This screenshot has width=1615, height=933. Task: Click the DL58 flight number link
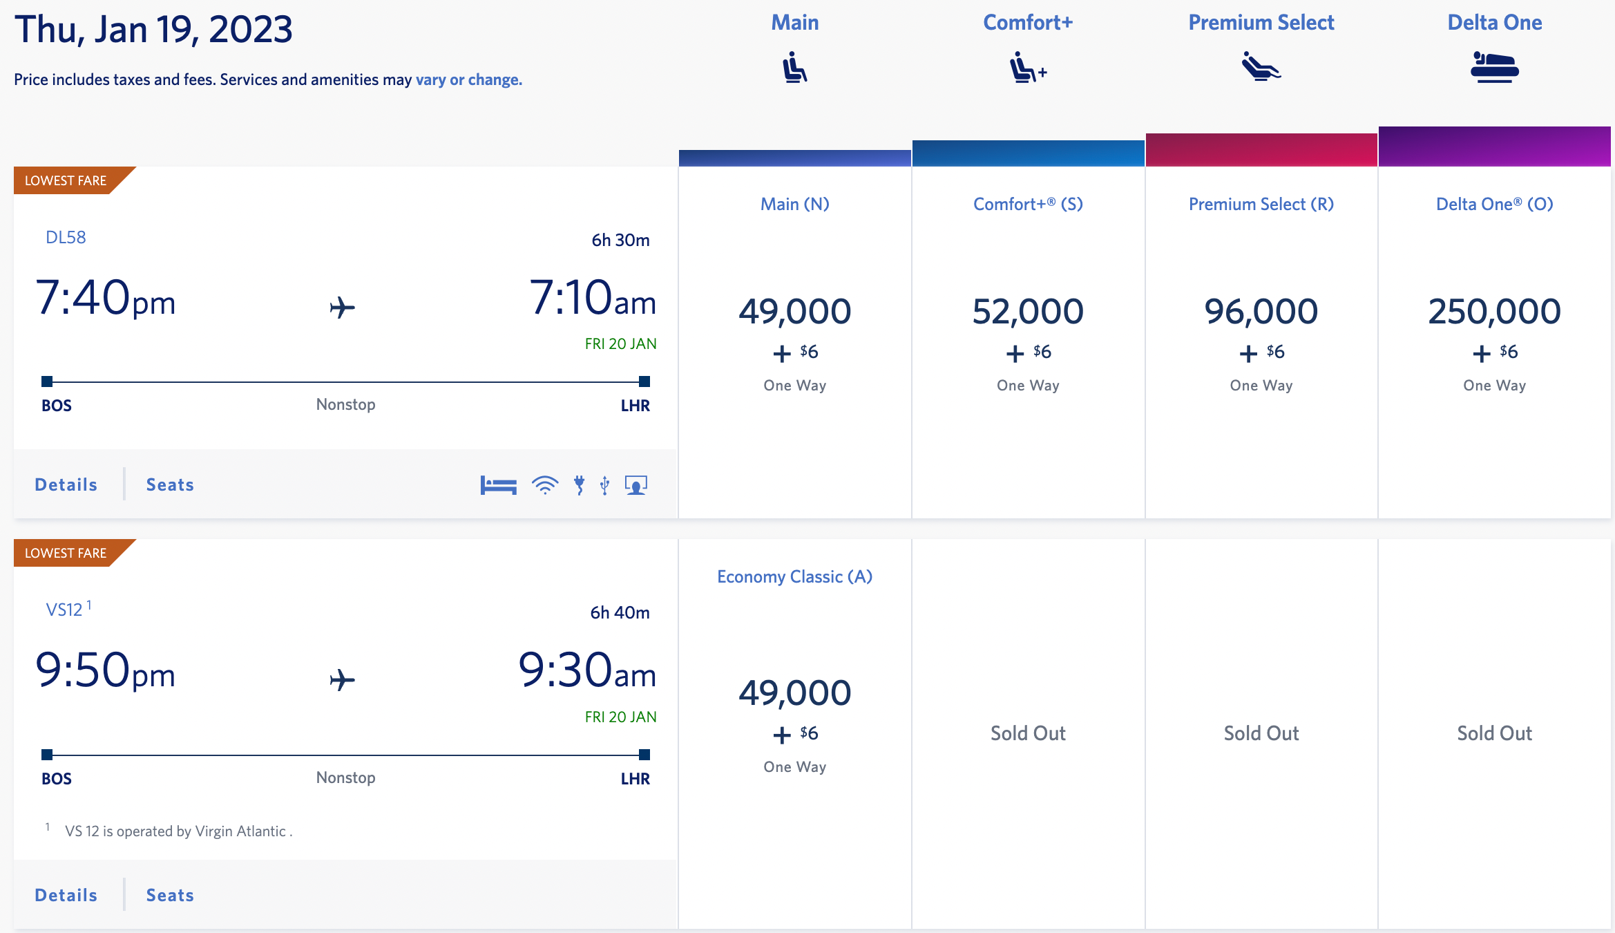[66, 238]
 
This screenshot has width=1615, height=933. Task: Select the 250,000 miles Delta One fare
[1494, 312]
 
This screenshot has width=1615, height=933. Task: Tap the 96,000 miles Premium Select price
[1261, 312]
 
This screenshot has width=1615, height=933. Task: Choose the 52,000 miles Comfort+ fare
[1028, 312]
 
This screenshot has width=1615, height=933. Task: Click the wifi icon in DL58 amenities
[545, 485]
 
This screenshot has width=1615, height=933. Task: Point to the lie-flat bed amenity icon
[498, 485]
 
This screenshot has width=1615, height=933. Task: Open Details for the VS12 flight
[66, 895]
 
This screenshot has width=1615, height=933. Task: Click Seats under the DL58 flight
[170, 485]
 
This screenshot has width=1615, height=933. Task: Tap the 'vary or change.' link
[468, 79]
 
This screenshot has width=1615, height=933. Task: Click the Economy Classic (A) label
[794, 577]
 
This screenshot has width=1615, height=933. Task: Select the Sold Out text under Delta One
[1494, 733]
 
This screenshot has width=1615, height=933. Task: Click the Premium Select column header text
[1261, 23]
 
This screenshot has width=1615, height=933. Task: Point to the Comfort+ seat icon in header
[1027, 68]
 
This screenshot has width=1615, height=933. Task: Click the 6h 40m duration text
[620, 613]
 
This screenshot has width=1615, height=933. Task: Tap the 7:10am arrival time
[592, 299]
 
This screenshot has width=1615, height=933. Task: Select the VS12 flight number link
[64, 610]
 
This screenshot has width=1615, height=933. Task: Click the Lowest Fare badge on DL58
[66, 180]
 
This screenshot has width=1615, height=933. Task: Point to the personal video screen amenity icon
[636, 485]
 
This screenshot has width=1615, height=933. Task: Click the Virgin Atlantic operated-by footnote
[178, 831]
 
